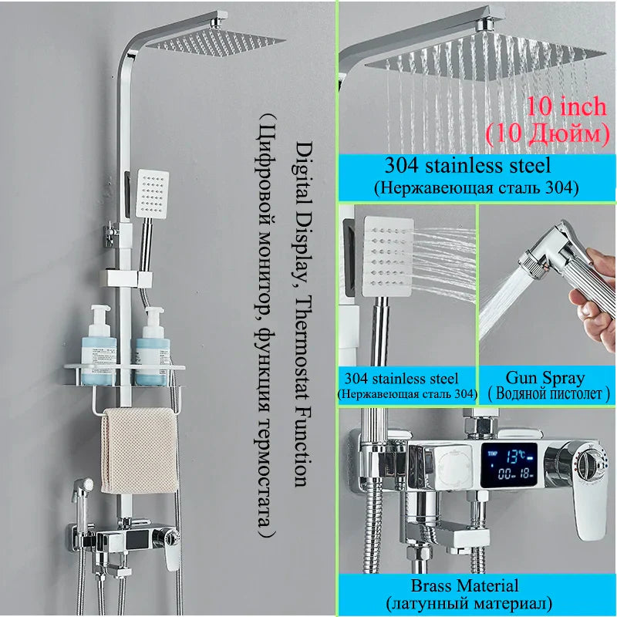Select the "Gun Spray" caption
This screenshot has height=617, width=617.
545,378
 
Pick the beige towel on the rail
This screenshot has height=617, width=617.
139,451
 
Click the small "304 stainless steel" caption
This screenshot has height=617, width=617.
406,379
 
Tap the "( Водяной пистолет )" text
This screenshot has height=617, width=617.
548,394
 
